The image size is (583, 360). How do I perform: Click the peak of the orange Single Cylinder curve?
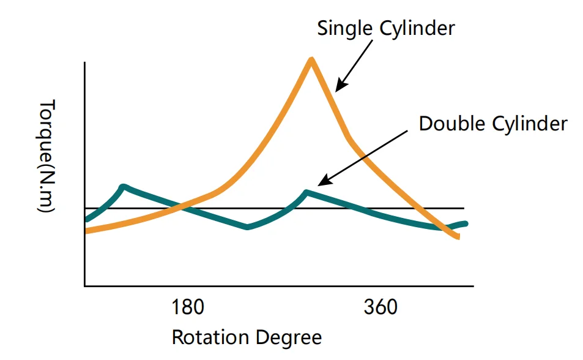click(x=311, y=60)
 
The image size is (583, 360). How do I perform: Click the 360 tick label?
click(x=380, y=307)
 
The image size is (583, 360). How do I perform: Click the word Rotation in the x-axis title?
click(x=210, y=337)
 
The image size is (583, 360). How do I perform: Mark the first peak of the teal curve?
click(x=123, y=186)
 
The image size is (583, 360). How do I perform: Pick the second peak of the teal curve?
click(x=306, y=192)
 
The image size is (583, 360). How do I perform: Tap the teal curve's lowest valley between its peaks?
click(x=247, y=227)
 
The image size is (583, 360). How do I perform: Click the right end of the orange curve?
click(x=458, y=237)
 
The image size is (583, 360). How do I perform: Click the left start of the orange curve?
click(x=86, y=231)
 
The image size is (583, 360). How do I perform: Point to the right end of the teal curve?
click(x=466, y=223)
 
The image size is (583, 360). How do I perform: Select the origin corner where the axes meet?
click(x=85, y=285)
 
